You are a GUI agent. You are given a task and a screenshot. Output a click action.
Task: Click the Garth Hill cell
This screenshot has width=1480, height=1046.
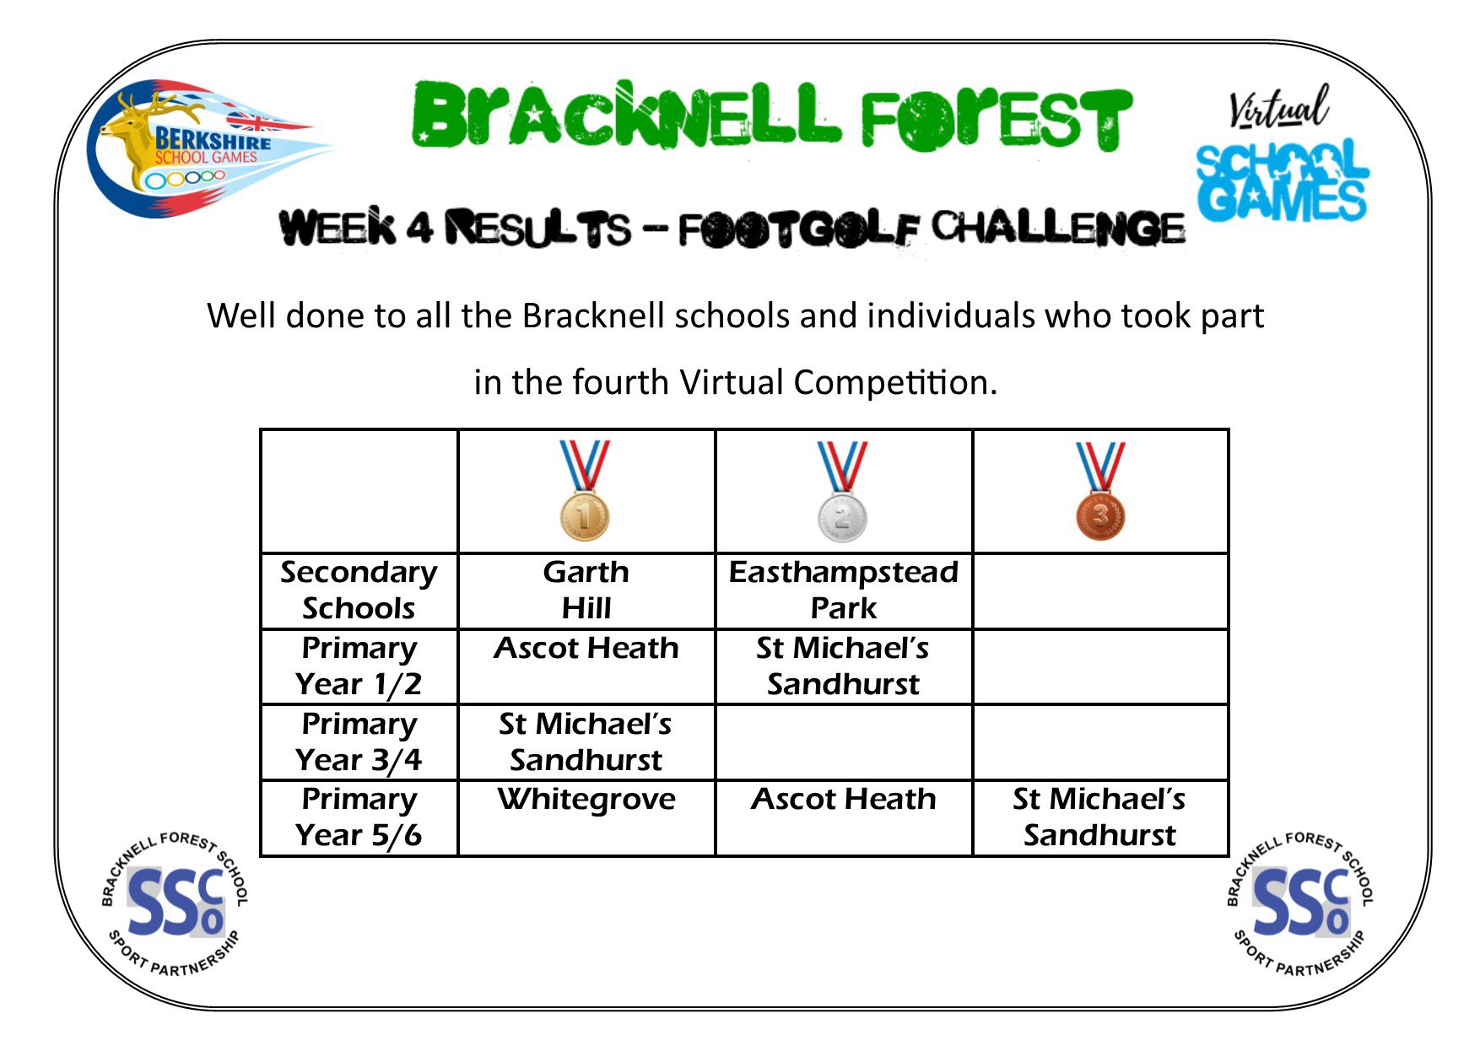[586, 590]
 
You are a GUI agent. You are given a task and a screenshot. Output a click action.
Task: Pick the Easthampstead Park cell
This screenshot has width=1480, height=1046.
[844, 590]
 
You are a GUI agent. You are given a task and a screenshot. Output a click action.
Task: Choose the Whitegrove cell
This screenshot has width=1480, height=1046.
[586, 800]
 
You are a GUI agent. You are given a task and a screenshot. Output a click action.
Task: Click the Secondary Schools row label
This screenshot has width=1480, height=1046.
[359, 590]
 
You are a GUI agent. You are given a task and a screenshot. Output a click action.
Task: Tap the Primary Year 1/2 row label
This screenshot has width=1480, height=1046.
[359, 666]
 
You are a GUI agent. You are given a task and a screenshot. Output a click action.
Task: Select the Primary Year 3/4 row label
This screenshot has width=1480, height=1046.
[359, 742]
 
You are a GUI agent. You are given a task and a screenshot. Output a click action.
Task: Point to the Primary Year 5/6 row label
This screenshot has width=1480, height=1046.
[359, 817]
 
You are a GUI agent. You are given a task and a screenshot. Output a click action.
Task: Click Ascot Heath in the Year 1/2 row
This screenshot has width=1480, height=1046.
[586, 649]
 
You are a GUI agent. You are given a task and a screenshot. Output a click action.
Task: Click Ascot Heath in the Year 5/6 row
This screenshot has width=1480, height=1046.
[844, 800]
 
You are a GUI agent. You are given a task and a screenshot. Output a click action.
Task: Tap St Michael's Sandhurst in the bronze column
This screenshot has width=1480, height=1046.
[1099, 817]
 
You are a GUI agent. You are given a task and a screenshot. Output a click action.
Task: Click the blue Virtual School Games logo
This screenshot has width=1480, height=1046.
[1282, 157]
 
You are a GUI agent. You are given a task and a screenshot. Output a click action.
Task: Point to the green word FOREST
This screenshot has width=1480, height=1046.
[996, 118]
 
